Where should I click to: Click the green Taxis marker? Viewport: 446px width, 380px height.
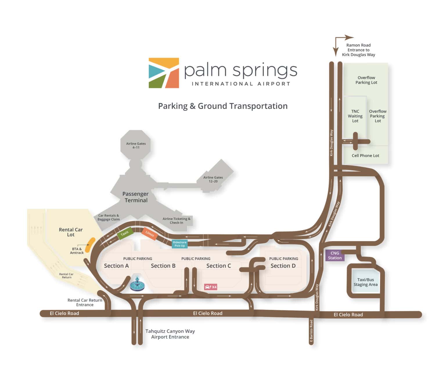pos(125,233)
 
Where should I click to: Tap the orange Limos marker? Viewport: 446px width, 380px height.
pos(150,233)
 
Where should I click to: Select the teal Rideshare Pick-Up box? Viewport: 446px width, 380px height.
pos(179,244)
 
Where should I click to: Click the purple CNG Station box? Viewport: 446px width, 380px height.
pos(334,256)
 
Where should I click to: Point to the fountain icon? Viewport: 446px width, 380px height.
pos(137,283)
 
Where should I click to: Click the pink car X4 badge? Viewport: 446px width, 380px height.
pos(211,287)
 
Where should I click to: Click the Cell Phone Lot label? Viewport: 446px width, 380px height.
pos(365,156)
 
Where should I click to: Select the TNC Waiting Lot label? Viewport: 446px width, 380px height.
pos(355,116)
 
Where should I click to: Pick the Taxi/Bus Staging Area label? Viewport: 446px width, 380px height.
pos(366,282)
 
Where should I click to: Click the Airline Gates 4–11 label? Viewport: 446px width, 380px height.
pos(136,145)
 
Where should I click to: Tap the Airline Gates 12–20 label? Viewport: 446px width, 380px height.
pos(213,179)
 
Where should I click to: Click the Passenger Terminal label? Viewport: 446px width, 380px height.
pos(136,197)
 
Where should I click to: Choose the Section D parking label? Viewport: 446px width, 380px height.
pos(283,266)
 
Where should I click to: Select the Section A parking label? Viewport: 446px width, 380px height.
pos(116,266)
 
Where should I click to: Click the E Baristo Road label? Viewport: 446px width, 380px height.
pos(311,331)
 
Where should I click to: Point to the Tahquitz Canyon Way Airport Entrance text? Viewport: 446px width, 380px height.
pos(170,334)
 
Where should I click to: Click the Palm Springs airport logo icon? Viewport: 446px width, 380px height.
pos(164,73)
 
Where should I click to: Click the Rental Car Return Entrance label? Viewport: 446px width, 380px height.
pos(85,302)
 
